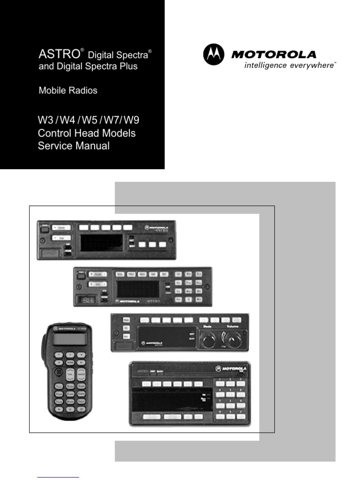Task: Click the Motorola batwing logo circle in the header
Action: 214,54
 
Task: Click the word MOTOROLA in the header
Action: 274,54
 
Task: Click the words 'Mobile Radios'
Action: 68,90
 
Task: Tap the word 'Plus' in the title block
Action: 128,66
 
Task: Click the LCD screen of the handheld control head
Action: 70,338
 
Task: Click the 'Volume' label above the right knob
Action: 233,327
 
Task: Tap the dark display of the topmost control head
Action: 101,242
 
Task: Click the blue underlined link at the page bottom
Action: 58,477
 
